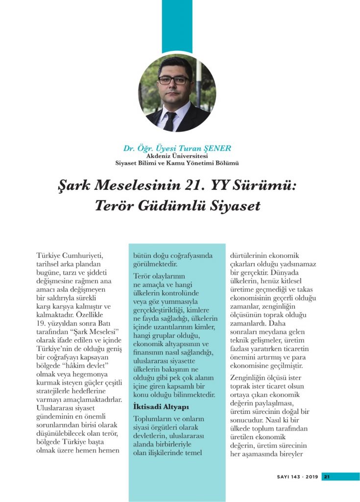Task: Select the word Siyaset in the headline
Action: pyautogui.click(x=235, y=205)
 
